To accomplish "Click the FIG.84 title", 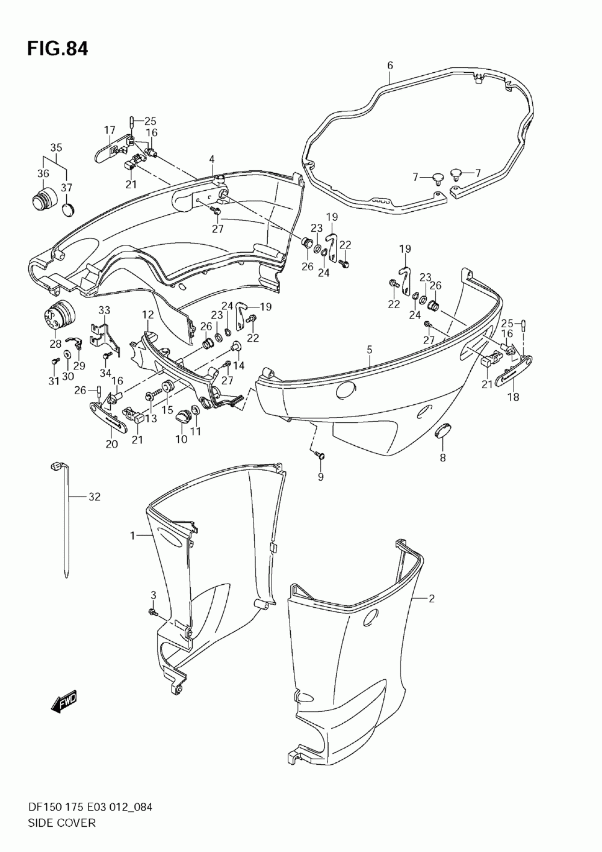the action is click(x=57, y=49).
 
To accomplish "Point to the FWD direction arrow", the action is click(x=64, y=701).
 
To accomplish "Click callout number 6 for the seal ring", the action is click(x=390, y=65).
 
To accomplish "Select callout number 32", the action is click(x=94, y=497).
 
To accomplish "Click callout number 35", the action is click(x=56, y=147).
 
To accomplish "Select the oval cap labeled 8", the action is click(x=443, y=433).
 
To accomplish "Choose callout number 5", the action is click(x=369, y=350).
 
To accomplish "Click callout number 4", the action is click(x=212, y=159).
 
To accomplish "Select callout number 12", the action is click(x=147, y=314).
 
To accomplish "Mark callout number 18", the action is click(x=514, y=397).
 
